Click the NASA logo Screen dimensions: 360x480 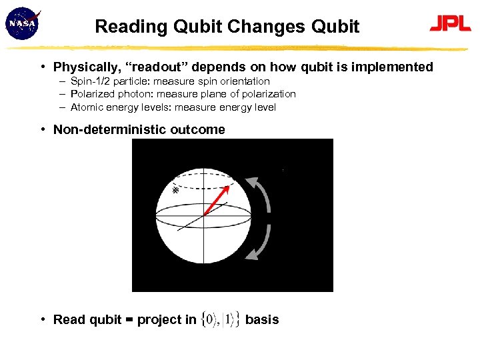23,24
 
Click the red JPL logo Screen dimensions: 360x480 450,24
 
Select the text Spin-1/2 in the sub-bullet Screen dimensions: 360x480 91,81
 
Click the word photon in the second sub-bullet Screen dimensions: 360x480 131,94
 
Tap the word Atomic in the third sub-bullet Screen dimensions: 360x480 87,107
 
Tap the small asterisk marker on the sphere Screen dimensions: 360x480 176,190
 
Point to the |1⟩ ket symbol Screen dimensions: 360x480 229,320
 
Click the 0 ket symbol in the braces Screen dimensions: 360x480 211,320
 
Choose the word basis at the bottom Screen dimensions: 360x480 262,319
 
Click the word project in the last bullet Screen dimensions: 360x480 157,320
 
